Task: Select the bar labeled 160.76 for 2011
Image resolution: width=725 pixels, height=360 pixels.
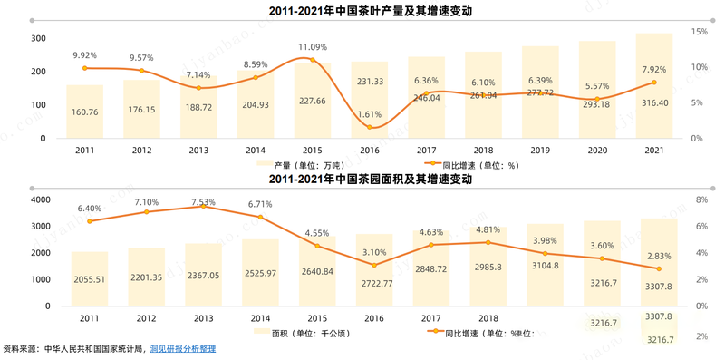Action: click(x=84, y=112)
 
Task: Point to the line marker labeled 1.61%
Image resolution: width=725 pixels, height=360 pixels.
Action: click(x=369, y=127)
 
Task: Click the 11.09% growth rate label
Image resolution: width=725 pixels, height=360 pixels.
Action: click(x=313, y=47)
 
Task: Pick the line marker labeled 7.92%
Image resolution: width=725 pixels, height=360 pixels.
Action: click(x=653, y=83)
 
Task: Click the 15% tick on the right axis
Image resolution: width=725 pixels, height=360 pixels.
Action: click(x=699, y=32)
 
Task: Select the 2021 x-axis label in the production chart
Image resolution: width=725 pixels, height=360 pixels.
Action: click(x=653, y=151)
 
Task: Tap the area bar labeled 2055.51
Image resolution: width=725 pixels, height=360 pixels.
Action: click(x=89, y=279)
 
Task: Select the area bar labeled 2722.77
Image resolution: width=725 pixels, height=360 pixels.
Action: click(x=373, y=271)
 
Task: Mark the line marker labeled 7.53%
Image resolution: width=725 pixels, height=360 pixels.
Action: click(x=204, y=207)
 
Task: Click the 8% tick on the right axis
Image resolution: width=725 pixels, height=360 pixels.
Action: click(x=701, y=199)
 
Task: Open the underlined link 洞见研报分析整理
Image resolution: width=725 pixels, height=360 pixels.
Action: click(x=183, y=349)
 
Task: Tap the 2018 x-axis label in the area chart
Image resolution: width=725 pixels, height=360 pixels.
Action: click(x=488, y=318)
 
